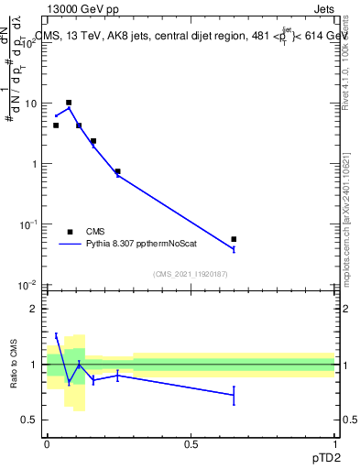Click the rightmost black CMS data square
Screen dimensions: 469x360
(x=234, y=239)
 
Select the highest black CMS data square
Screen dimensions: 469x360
(x=69, y=103)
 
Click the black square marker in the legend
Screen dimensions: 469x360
(x=70, y=232)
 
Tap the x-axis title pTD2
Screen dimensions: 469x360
(x=334, y=456)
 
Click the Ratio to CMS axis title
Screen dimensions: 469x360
(x=14, y=365)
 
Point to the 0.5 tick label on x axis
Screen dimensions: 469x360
(x=191, y=443)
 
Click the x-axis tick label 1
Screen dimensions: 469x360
(x=335, y=443)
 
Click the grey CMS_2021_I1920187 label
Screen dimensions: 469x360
(x=189, y=274)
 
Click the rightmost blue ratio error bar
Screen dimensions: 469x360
(x=234, y=395)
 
